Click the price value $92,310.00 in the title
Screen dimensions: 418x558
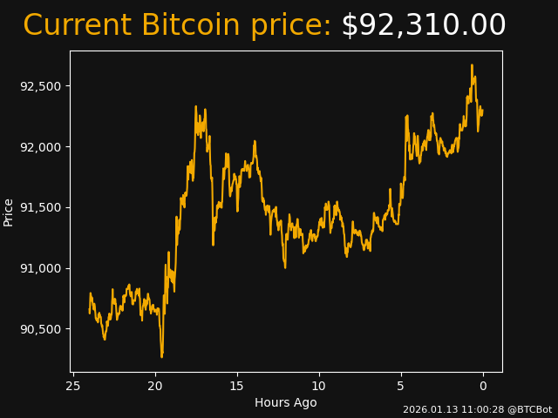423,25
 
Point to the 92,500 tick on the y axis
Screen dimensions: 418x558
42,86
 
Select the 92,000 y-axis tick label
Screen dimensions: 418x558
42,146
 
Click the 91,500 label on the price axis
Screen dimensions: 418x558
42,207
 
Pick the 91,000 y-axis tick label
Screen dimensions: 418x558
42,268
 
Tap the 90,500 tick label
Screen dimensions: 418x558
42,329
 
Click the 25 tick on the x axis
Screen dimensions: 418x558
73,386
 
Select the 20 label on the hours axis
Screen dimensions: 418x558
155,386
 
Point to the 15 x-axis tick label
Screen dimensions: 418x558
237,386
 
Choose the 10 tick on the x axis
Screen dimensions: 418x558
319,386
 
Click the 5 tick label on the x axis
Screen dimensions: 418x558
401,386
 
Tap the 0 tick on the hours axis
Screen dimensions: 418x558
483,386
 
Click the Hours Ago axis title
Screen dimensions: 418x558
286,402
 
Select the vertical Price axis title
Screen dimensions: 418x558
9,212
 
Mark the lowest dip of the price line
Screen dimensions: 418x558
161,356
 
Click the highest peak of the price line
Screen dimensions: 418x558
472,65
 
